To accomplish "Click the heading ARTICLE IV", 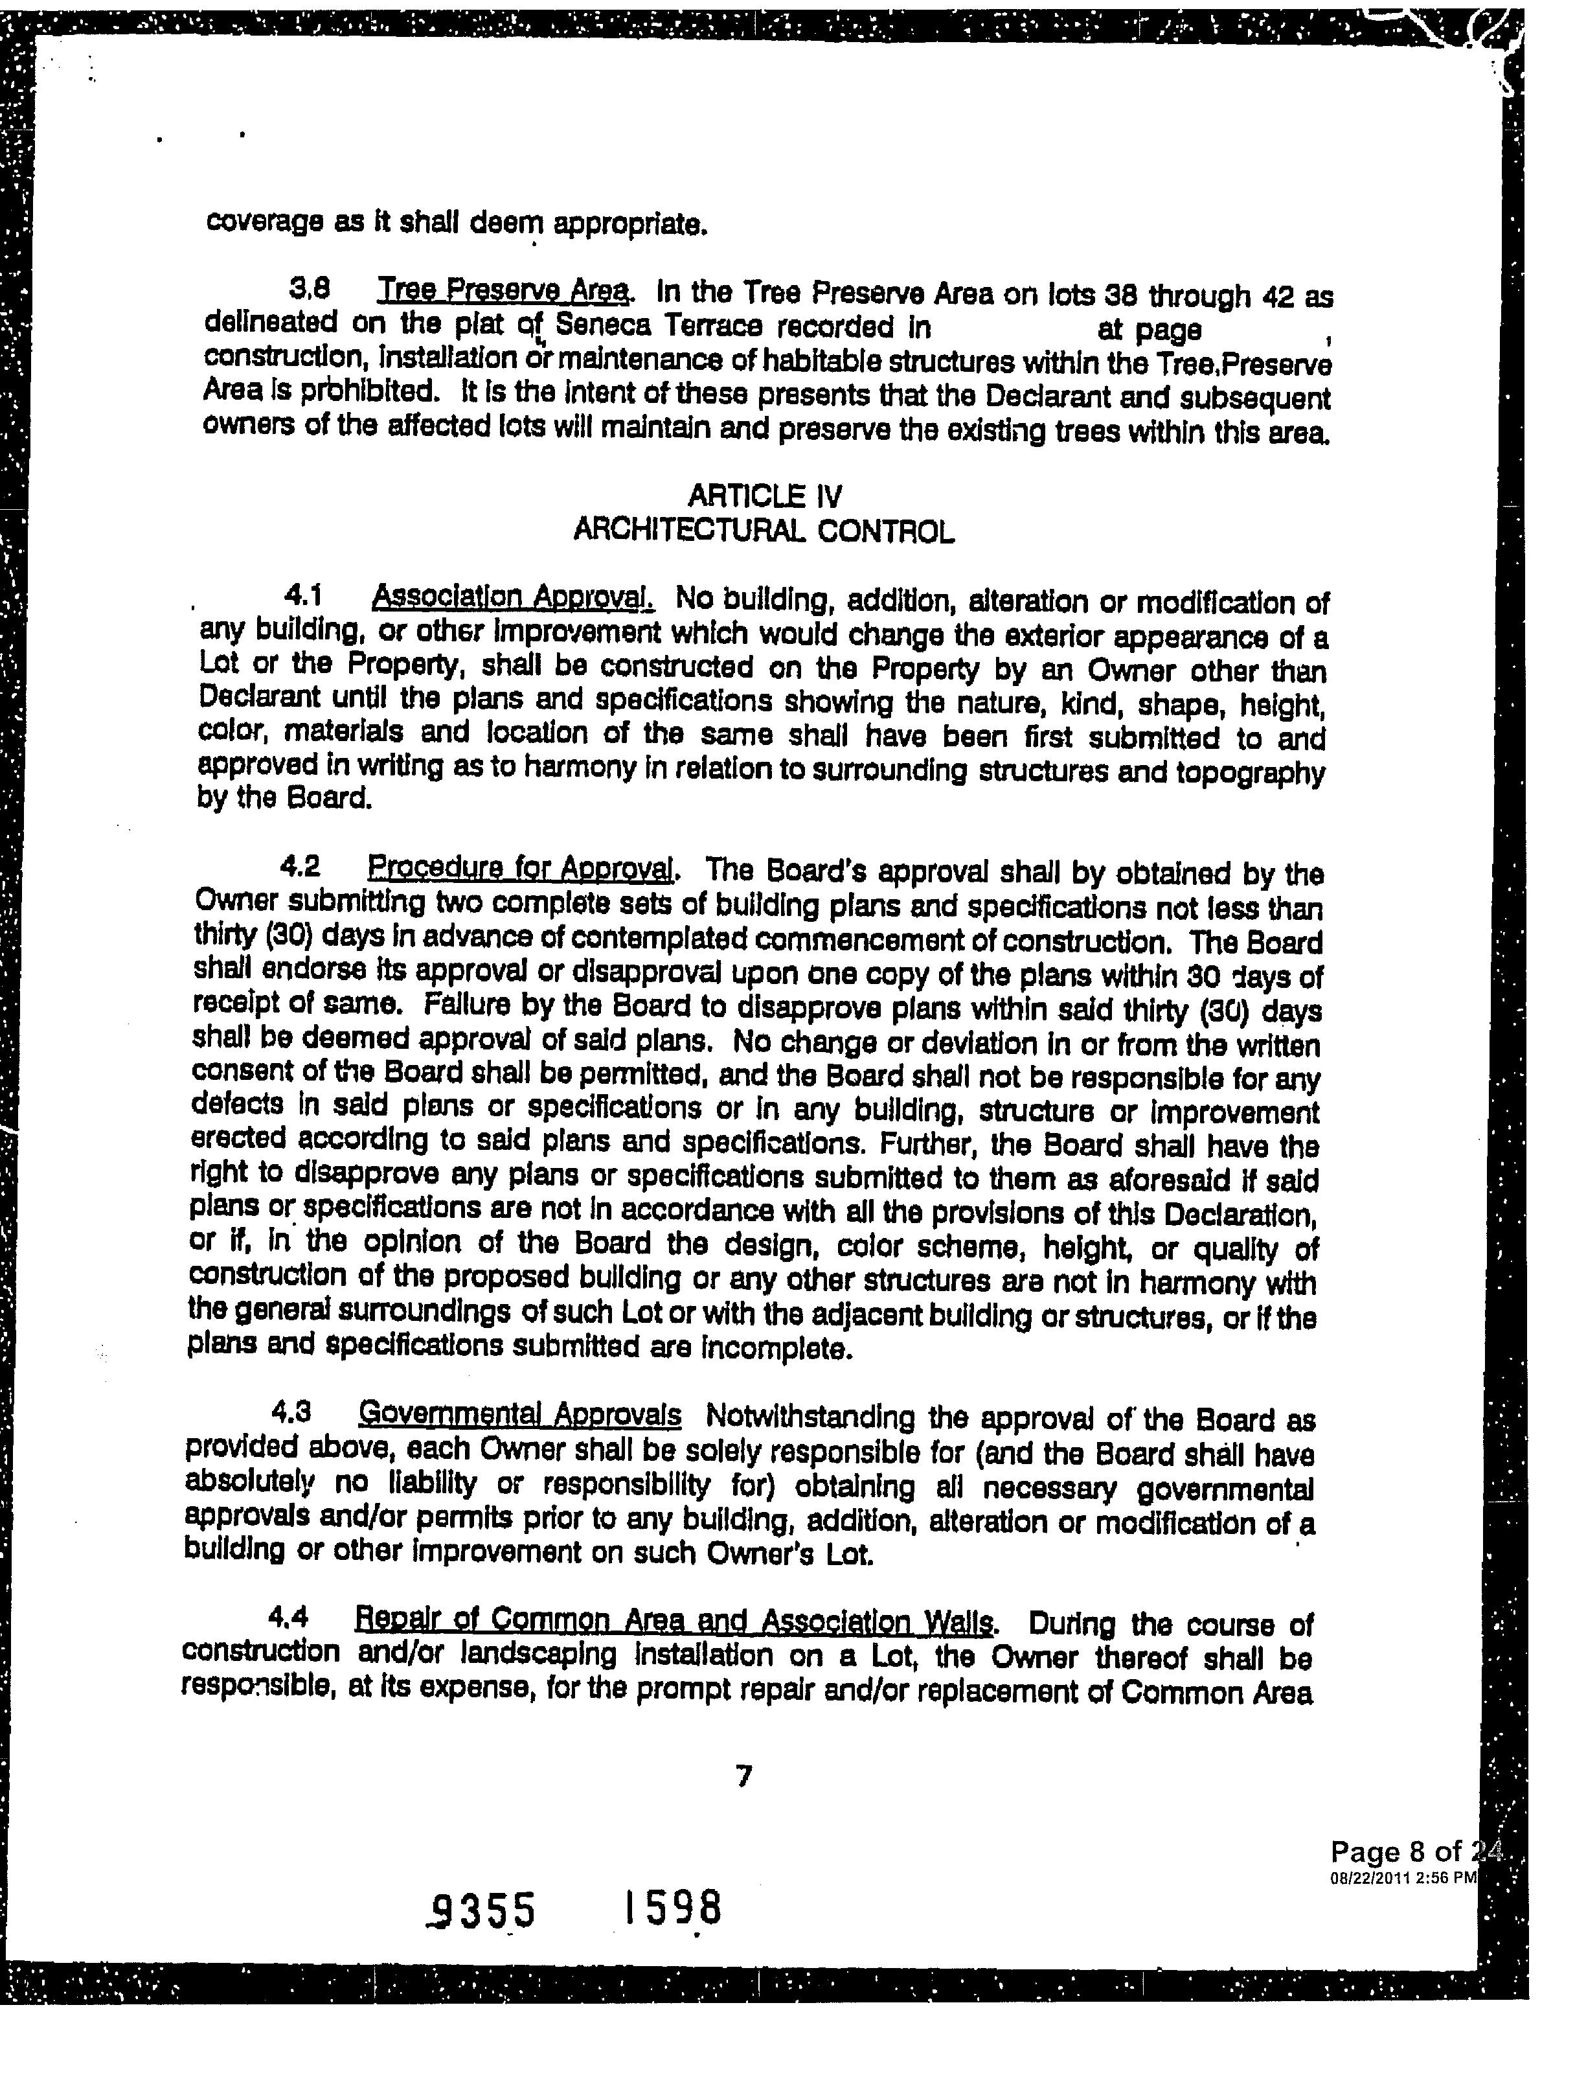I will click(765, 495).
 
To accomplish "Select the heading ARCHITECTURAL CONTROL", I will click(764, 532).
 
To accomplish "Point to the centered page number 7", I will click(744, 1775).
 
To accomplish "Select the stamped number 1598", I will click(673, 1906).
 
